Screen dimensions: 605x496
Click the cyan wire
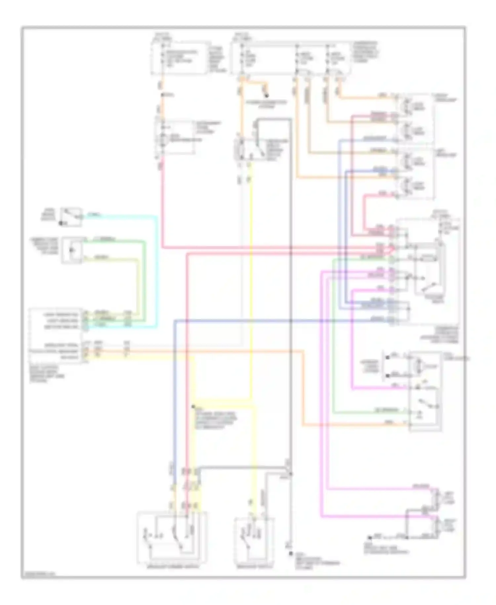click(x=156, y=271)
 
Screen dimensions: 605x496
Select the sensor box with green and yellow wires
click(x=72, y=250)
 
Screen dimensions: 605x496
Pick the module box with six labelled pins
click(x=56, y=335)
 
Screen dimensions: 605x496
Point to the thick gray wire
click(x=290, y=298)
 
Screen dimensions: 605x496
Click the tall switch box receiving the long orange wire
click(x=425, y=392)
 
